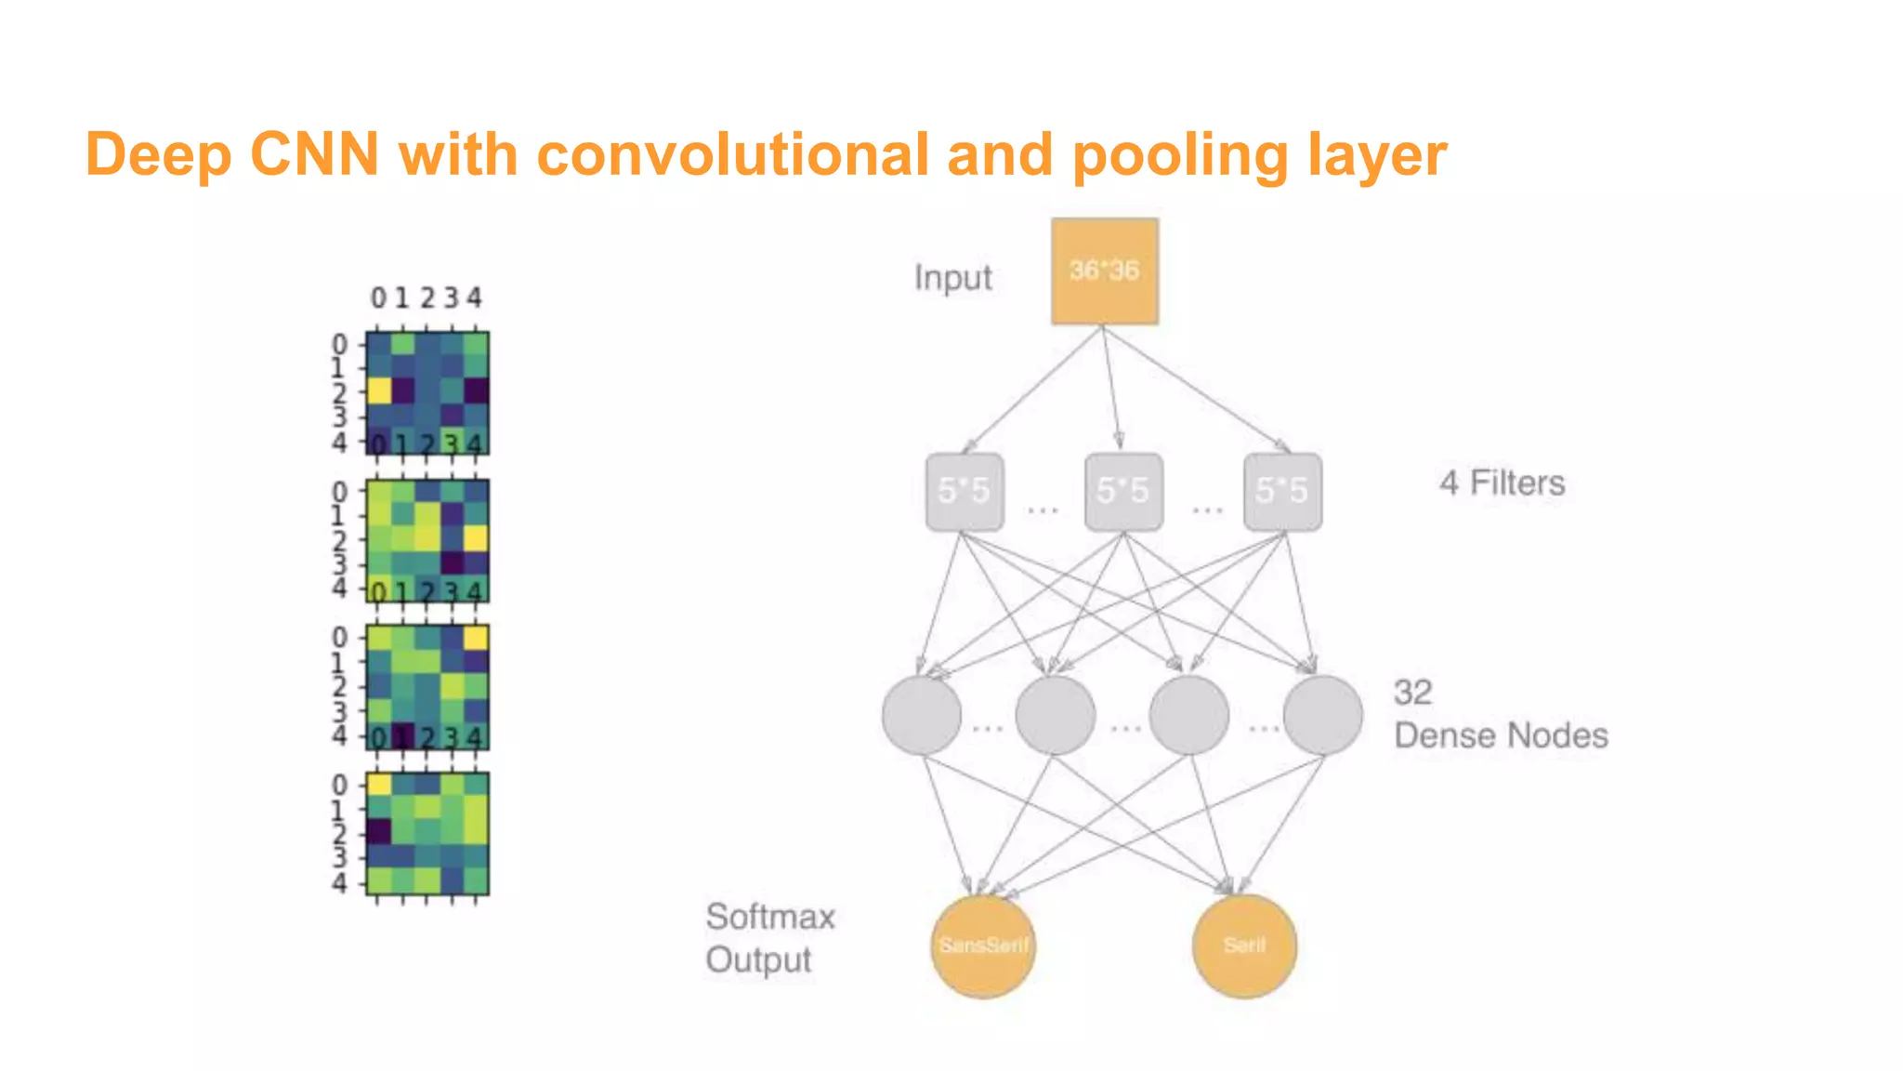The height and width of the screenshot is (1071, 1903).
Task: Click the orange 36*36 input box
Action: pyautogui.click(x=1104, y=271)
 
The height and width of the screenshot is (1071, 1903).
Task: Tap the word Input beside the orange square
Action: pyautogui.click(x=952, y=278)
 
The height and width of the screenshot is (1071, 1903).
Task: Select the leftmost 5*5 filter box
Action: pyautogui.click(x=965, y=492)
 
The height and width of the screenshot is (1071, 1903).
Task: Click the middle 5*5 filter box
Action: pyautogui.click(x=1123, y=492)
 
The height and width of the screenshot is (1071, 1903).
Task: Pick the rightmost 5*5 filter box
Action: pyautogui.click(x=1282, y=492)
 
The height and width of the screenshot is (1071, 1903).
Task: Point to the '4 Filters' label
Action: pyautogui.click(x=1502, y=483)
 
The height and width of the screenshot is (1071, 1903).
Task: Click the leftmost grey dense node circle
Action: pyautogui.click(x=921, y=715)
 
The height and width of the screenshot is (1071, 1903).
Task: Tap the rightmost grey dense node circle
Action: pyautogui.click(x=1322, y=715)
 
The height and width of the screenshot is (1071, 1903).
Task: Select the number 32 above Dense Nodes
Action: pyautogui.click(x=1412, y=693)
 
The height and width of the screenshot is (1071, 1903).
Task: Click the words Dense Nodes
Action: pyautogui.click(x=1501, y=736)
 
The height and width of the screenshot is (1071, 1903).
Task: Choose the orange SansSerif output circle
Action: pyautogui.click(x=983, y=946)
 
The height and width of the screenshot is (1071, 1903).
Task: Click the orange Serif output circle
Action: pyautogui.click(x=1244, y=946)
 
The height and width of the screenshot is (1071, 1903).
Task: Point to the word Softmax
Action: pyautogui.click(x=770, y=918)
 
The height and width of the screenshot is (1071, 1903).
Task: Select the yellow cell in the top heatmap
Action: pyautogui.click(x=378, y=390)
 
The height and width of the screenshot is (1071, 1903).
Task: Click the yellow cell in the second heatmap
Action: pyautogui.click(x=476, y=537)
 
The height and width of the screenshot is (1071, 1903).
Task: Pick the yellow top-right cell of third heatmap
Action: pyautogui.click(x=476, y=638)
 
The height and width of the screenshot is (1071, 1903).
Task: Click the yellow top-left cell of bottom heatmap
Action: pyautogui.click(x=378, y=785)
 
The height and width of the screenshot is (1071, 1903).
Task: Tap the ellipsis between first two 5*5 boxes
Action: pyautogui.click(x=1043, y=509)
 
